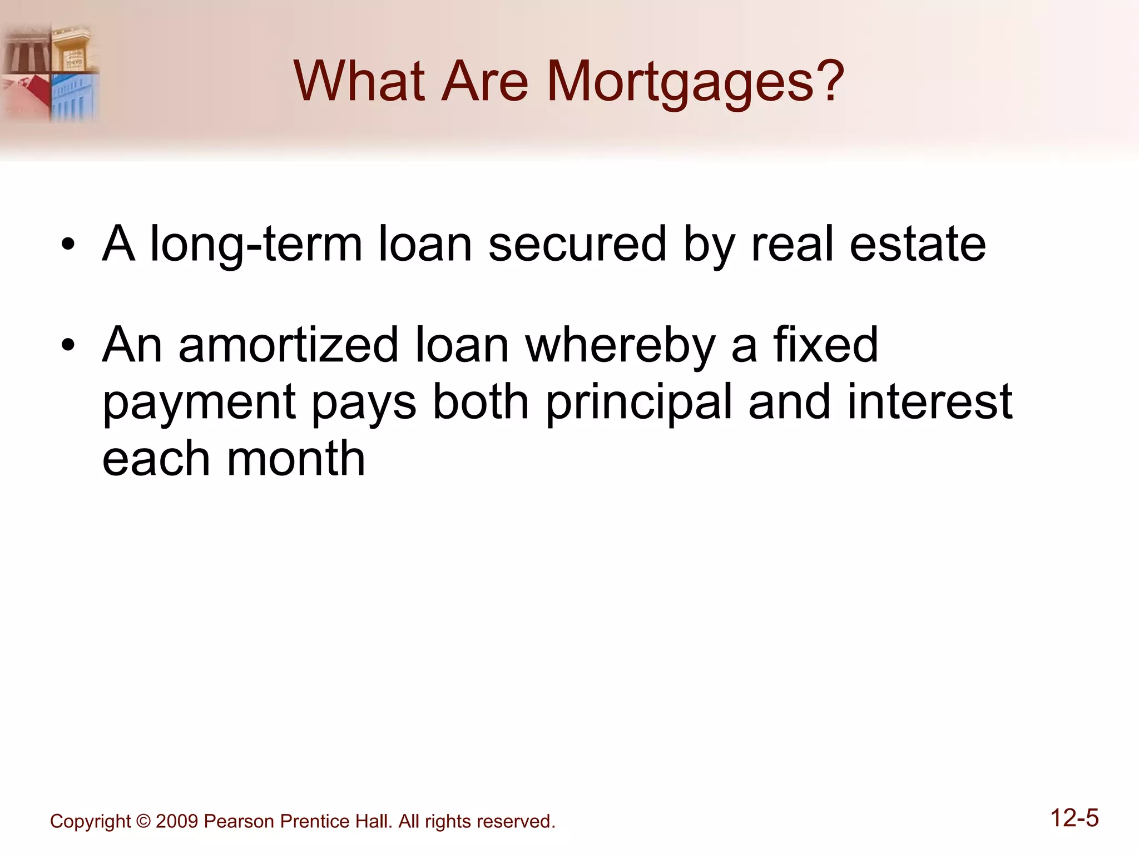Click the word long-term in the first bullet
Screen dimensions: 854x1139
[256, 245]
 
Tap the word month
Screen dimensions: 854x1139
[296, 459]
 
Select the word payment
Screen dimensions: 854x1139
[199, 404]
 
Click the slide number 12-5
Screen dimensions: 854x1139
[1074, 818]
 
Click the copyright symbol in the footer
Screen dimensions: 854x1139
[143, 821]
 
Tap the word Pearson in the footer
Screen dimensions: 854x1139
[239, 821]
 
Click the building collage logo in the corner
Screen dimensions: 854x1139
[50, 72]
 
